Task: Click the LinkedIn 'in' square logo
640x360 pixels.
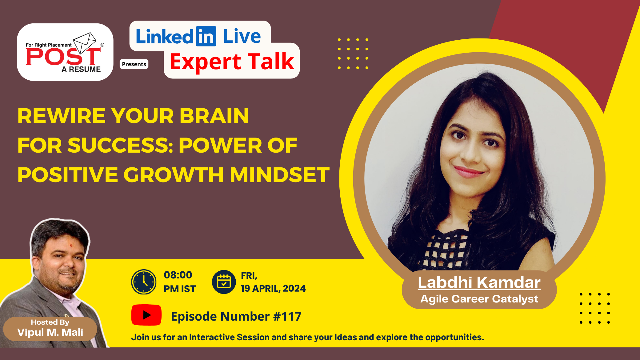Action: click(206, 36)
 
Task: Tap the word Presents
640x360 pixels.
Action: click(134, 64)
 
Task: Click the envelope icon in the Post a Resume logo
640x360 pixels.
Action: click(85, 42)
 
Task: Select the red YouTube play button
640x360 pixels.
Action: click(146, 315)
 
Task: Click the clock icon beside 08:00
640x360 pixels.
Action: click(144, 282)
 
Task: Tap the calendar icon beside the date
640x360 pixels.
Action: click(224, 282)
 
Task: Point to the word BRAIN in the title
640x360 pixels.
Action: click(214, 116)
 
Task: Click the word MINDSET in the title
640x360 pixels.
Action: click(280, 175)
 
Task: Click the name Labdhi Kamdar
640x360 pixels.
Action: click(479, 282)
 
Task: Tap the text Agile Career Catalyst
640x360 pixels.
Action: click(479, 299)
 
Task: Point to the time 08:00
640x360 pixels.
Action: click(178, 275)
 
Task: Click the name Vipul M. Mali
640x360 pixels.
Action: click(50, 332)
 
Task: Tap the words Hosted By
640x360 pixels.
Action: click(50, 322)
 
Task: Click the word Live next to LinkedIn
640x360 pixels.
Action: click(242, 36)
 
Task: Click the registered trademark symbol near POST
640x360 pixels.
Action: click(102, 45)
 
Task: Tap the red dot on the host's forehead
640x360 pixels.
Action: click(71, 246)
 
